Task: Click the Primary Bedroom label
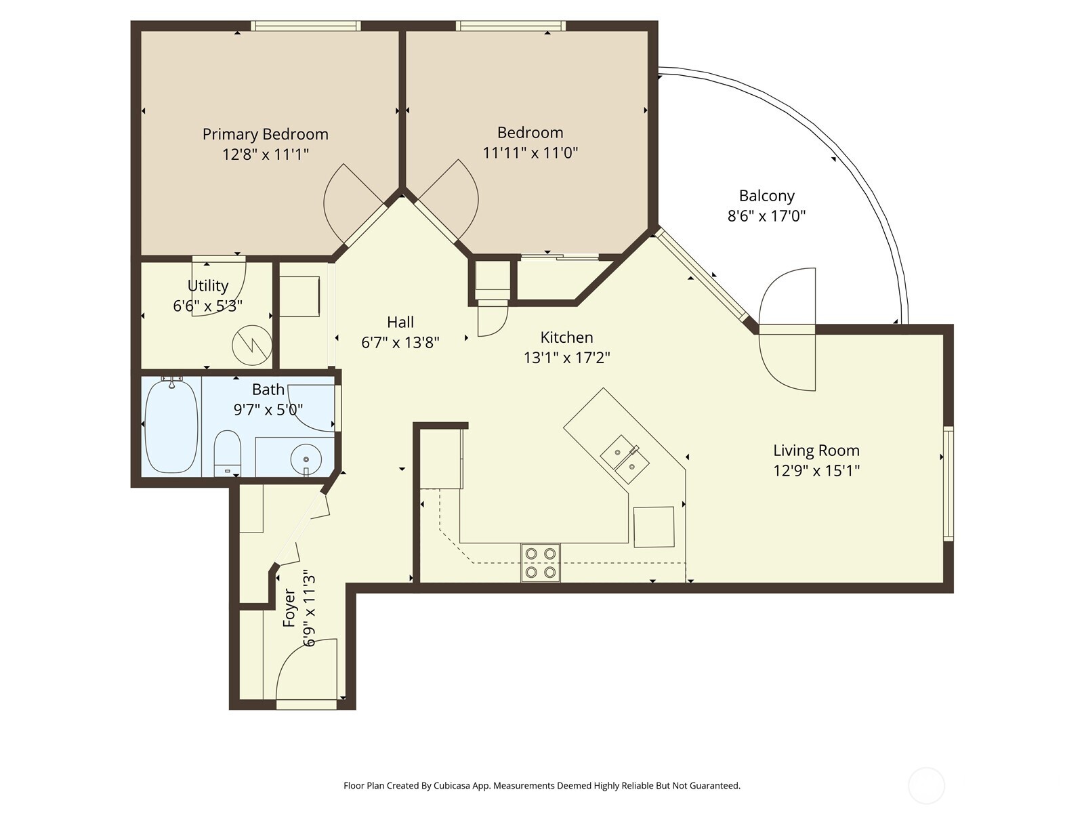265,134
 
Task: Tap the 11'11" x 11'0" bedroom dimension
530,153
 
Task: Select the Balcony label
766,196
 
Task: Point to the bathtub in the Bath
171,425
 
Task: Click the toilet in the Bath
227,453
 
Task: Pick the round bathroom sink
306,459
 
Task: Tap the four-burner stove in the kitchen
540,563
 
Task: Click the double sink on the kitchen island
625,459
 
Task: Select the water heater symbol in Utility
251,345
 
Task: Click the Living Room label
816,451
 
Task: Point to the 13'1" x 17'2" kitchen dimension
566,358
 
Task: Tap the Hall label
400,322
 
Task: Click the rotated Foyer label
289,608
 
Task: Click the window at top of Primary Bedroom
305,26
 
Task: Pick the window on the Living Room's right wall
948,483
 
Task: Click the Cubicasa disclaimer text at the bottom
541,786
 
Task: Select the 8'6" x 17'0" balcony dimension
766,217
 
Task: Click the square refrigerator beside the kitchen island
654,526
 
